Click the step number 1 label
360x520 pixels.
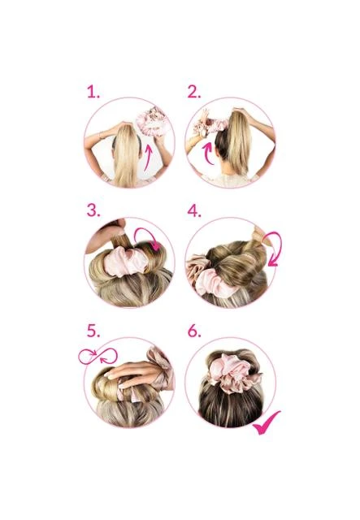[x=93, y=92]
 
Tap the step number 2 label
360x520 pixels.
[x=194, y=92]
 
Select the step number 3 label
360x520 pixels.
[x=93, y=210]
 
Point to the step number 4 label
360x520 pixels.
[x=194, y=211]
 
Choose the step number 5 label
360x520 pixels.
[x=93, y=331]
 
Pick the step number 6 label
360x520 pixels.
[x=194, y=331]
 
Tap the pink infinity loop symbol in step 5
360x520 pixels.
[x=98, y=356]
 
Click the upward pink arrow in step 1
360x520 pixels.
[x=149, y=157]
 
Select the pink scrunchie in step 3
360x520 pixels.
[x=125, y=262]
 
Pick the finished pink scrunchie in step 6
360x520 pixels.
[x=234, y=372]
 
